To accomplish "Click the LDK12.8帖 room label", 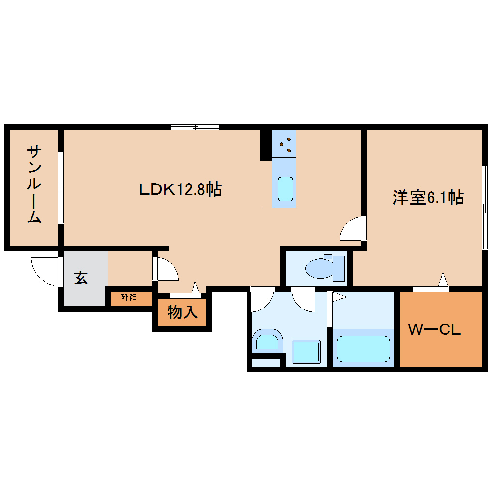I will coord(180,189).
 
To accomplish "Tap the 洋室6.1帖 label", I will coord(428,198).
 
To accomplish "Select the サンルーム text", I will coord(34,184).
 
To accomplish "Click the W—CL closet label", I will coord(434,330).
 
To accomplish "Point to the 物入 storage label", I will coord(182,312).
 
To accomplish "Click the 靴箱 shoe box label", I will coord(129,298).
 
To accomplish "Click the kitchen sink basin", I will coord(285,189).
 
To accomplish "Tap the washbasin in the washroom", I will coord(266,341).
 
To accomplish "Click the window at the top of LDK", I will coord(195,127).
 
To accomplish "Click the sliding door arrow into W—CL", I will coord(442,281).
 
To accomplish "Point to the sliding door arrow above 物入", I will coord(195,288).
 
